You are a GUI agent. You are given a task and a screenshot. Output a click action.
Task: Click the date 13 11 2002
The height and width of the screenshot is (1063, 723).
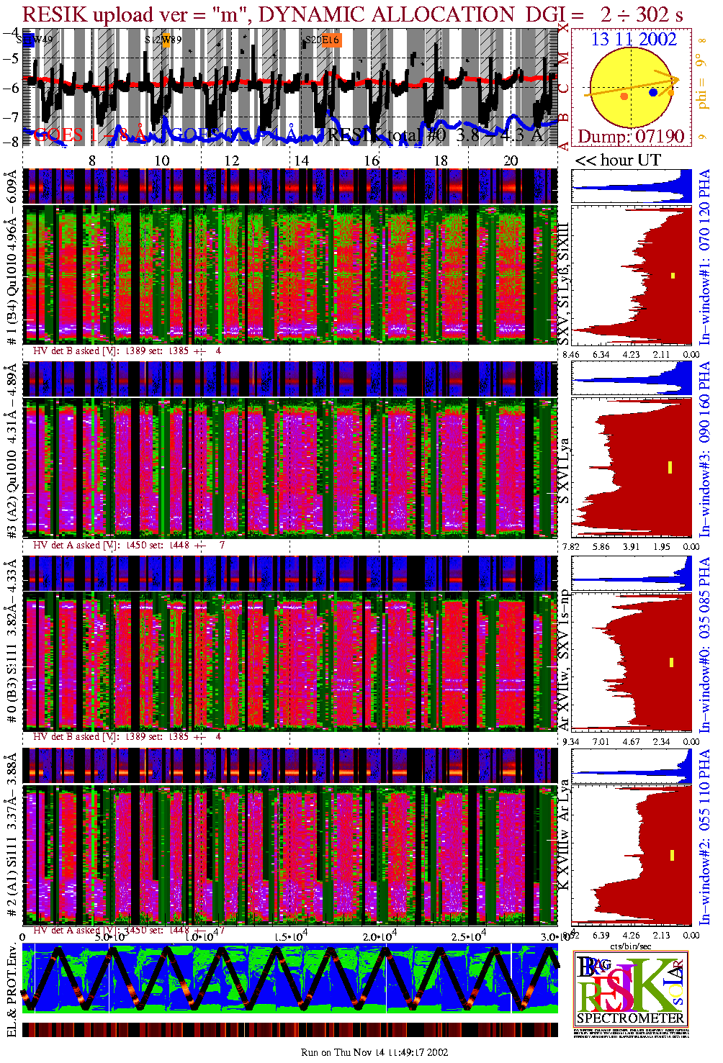pos(634,40)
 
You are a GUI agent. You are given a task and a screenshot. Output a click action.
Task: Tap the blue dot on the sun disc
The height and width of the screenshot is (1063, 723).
pos(653,92)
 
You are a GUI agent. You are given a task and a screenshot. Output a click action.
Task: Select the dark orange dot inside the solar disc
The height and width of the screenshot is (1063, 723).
pos(624,96)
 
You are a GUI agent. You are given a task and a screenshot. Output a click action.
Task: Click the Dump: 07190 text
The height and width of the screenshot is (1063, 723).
pos(631,137)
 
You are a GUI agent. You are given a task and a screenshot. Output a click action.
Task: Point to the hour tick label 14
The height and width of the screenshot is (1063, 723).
pos(300,160)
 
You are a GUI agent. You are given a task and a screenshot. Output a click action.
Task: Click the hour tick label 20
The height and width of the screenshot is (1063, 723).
pos(511,160)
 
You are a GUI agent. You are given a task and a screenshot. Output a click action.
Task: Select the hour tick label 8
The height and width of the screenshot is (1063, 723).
pos(91,160)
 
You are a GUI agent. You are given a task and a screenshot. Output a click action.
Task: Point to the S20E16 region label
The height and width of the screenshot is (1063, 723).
pos(322,40)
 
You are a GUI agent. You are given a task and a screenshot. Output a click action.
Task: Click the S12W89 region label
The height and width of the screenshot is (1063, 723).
pos(163,40)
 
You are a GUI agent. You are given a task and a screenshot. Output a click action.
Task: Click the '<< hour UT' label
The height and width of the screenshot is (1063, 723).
pos(617,160)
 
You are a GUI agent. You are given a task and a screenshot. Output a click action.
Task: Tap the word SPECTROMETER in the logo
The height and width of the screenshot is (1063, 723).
pos(630,1018)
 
